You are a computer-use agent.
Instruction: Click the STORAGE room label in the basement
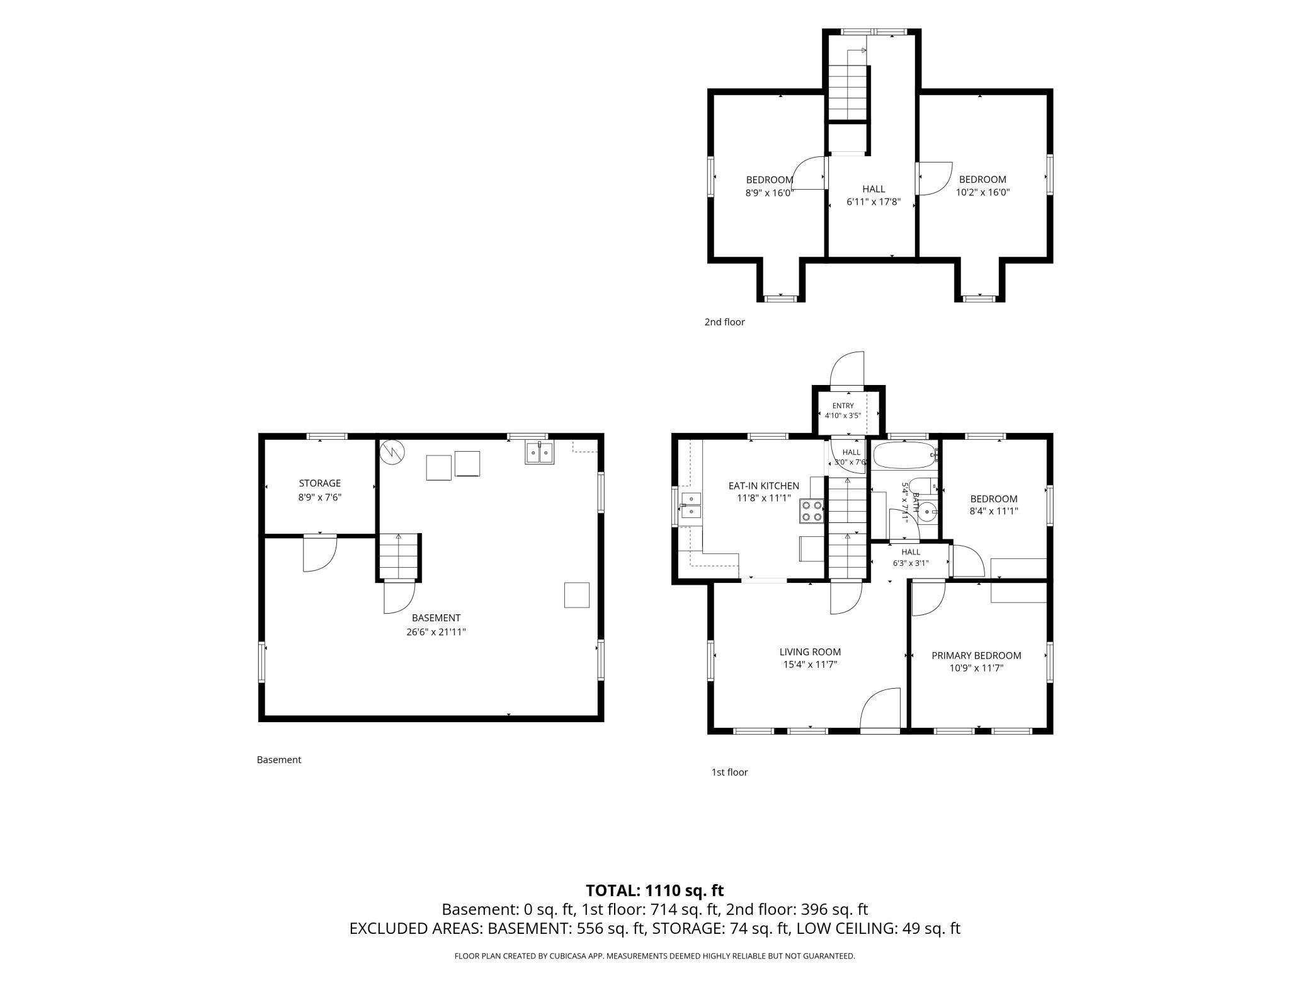click(320, 483)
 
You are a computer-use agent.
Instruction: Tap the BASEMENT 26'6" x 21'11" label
click(436, 625)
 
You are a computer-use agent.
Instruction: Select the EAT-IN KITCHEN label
click(764, 486)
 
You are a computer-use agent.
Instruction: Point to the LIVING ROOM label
click(810, 652)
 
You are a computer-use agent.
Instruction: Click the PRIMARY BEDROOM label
click(976, 655)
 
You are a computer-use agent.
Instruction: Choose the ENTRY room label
click(843, 406)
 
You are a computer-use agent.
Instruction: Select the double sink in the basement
click(539, 453)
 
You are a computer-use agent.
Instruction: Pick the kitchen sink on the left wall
click(691, 506)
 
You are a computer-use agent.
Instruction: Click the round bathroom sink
click(926, 512)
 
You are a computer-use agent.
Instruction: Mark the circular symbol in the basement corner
click(392, 451)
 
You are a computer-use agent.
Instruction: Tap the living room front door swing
click(880, 709)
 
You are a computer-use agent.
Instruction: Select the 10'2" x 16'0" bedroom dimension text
click(982, 193)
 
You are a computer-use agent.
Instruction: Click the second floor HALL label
click(874, 189)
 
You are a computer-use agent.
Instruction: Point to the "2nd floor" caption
click(724, 322)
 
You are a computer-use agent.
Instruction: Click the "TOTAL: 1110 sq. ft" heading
click(654, 890)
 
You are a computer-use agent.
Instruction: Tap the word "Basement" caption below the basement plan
click(279, 760)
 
